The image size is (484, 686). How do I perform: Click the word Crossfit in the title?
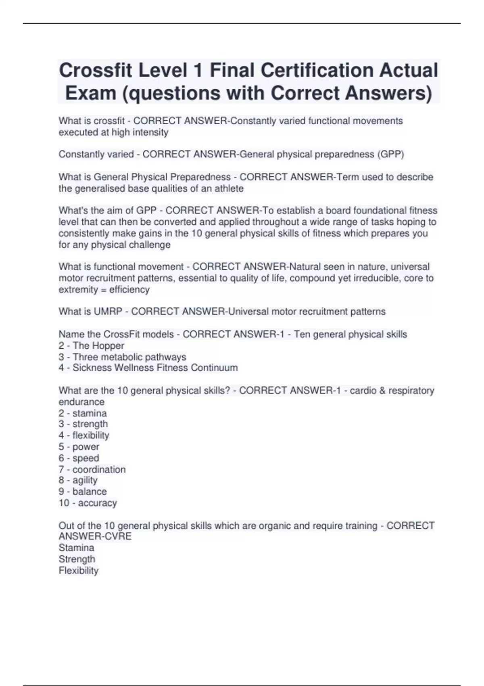96,71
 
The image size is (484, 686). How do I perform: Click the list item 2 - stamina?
83,413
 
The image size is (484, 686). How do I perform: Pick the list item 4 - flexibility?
84,435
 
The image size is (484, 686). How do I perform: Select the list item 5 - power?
79,447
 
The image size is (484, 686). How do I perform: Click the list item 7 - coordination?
92,469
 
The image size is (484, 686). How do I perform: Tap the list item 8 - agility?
78,480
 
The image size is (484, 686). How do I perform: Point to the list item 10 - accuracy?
88,503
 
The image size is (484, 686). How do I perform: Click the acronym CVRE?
118,536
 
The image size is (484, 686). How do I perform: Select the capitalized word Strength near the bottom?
77,559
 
